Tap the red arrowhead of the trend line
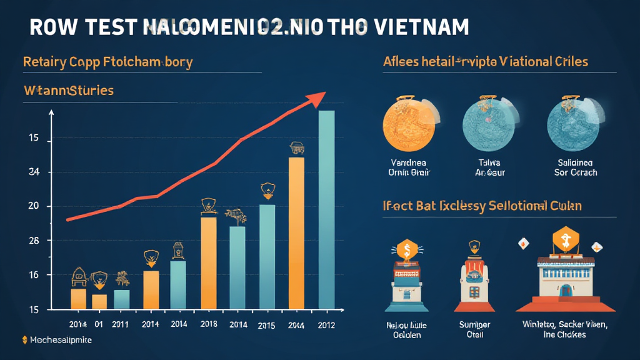point(317,97)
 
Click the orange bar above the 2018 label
point(209,262)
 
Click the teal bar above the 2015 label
point(267,256)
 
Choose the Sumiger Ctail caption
point(475,329)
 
